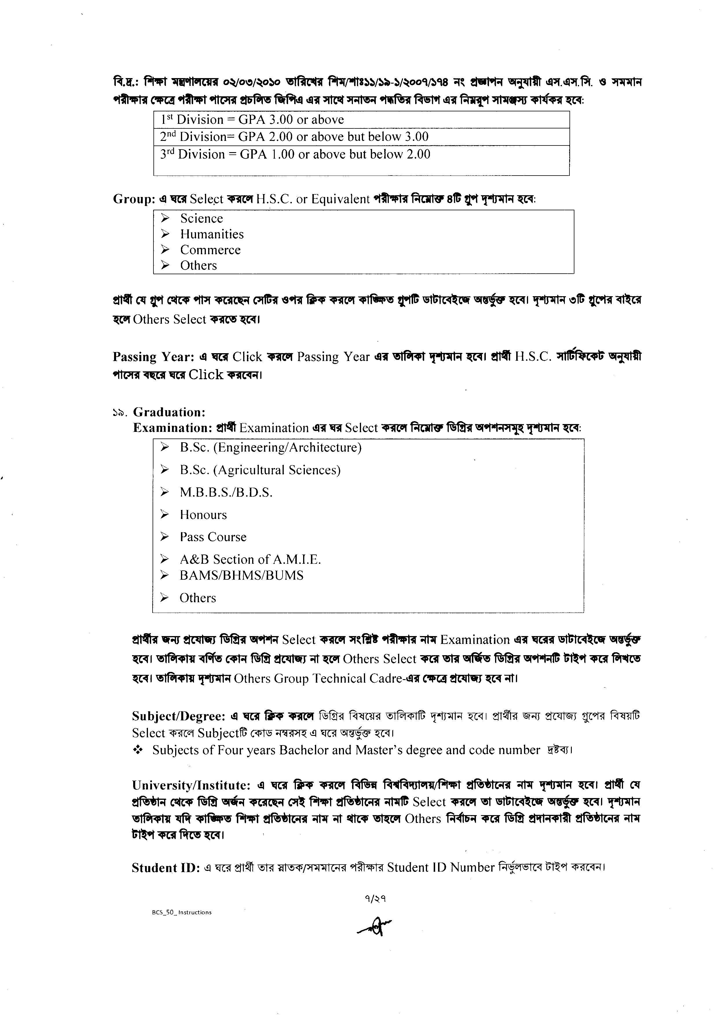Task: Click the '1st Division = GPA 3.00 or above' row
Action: tap(252, 120)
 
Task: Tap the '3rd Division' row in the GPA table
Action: tap(295, 154)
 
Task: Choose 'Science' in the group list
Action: tap(201, 218)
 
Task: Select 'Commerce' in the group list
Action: tap(210, 250)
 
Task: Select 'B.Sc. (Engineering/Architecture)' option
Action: tap(271, 448)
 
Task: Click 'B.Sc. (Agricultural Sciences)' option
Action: tap(260, 470)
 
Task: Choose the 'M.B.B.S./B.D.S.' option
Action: tap(226, 493)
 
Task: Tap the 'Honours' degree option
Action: tap(203, 515)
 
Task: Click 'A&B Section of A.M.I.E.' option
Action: tap(250, 560)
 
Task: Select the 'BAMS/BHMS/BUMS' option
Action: tap(241, 576)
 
